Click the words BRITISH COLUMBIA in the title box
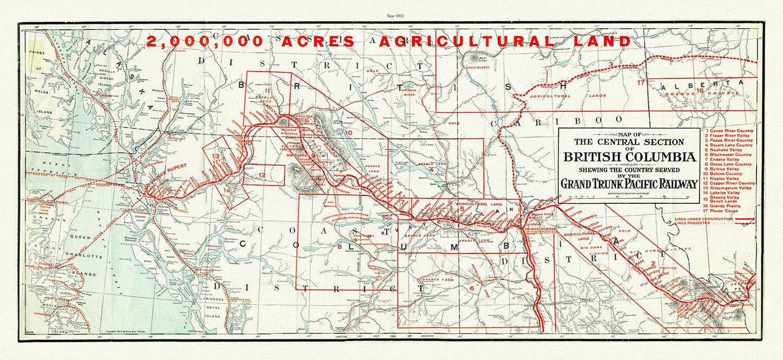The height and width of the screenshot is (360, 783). pos(629,157)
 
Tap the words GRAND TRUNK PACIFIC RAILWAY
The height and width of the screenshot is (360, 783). pos(629,184)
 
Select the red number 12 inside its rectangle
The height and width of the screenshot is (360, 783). pos(262,175)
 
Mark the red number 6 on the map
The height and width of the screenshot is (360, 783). pos(471,288)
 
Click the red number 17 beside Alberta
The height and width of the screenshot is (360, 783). pos(641,83)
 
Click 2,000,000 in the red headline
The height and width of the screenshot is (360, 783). pos(205,41)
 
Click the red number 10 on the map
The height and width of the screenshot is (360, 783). pos(349,132)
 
